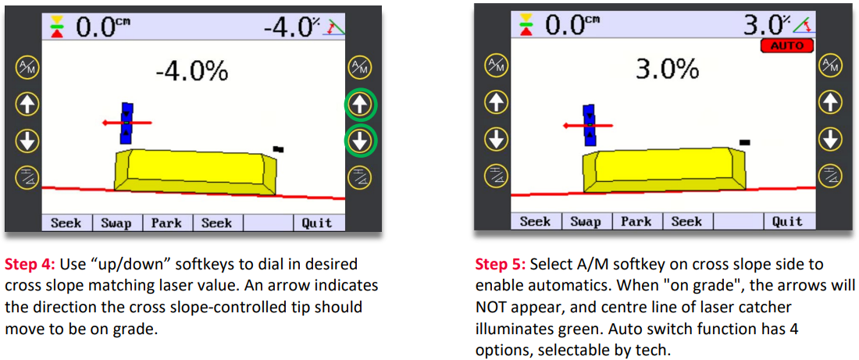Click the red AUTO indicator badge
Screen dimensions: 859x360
click(787, 46)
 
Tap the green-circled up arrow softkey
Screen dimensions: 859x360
click(360, 104)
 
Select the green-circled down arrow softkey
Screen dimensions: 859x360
click(360, 141)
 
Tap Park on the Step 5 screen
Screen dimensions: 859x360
click(636, 221)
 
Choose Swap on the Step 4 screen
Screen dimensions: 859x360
click(116, 223)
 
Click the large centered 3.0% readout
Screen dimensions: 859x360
click(667, 70)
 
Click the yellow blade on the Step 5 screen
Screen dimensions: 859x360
click(664, 169)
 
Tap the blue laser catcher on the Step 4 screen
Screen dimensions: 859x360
click(127, 123)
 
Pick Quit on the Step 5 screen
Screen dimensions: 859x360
click(787, 221)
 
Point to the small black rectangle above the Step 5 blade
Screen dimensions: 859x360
click(744, 142)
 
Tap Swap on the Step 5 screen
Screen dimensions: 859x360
click(586, 221)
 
